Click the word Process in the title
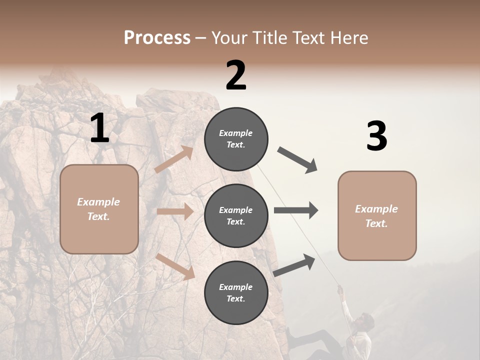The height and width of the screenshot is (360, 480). click(157, 38)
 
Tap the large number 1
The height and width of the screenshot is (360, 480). click(99, 128)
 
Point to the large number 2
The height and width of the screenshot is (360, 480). click(236, 75)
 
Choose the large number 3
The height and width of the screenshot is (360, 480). click(376, 136)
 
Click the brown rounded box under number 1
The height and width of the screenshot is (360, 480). click(99, 209)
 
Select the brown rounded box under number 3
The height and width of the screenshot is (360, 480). click(377, 216)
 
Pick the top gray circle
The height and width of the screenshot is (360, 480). click(236, 139)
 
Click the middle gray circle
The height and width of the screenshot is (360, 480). click(236, 216)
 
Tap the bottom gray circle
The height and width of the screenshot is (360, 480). click(236, 293)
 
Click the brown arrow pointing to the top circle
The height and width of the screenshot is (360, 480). click(174, 159)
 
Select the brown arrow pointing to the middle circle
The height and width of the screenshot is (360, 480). click(175, 211)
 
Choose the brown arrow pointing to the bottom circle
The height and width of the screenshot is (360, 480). click(175, 266)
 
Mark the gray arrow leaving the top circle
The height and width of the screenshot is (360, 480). click(298, 159)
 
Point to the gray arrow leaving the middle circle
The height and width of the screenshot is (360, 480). click(296, 210)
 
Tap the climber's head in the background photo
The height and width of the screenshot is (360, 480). click(367, 320)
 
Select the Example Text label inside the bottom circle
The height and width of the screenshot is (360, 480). click(236, 293)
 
